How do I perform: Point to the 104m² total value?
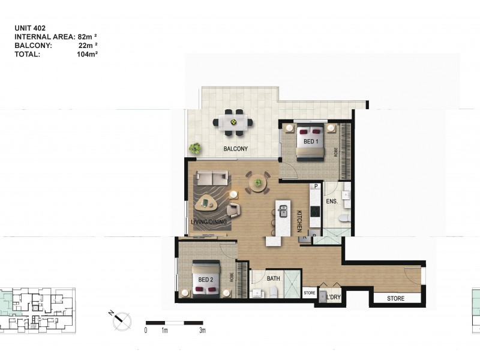coord(88,53)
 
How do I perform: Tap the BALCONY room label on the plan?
coord(235,149)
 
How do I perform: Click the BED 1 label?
coord(310,142)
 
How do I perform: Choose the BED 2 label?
coord(205,280)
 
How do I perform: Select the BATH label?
coord(274,278)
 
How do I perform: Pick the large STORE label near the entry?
coord(395,298)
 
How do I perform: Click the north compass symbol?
coord(121,320)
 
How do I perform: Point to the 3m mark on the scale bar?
coord(202,331)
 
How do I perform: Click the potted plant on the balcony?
coord(195,148)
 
